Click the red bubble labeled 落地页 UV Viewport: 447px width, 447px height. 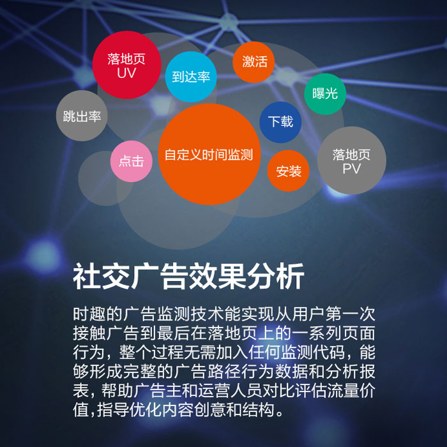point(126,65)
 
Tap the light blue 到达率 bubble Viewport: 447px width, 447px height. point(191,77)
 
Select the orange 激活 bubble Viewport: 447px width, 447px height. point(254,62)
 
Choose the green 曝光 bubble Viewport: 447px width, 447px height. point(325,94)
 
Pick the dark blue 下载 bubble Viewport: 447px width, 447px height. point(280,122)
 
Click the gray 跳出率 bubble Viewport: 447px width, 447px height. point(82,116)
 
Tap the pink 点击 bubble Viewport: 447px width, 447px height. point(132,162)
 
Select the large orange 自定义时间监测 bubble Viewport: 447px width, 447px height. point(209,155)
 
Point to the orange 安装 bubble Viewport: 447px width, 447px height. point(288,170)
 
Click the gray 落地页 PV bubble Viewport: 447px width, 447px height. point(352,160)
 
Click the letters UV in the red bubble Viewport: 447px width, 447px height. point(126,73)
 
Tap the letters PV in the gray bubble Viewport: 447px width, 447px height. point(351,169)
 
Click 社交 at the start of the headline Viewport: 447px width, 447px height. point(101,277)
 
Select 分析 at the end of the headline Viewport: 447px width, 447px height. point(276,277)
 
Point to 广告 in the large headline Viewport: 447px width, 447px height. point(159,277)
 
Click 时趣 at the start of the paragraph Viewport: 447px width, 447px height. point(89,314)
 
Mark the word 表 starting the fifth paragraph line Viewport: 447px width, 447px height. point(81,391)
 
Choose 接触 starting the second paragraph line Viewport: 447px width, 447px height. point(89,333)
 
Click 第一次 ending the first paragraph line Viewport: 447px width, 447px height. point(351,314)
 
